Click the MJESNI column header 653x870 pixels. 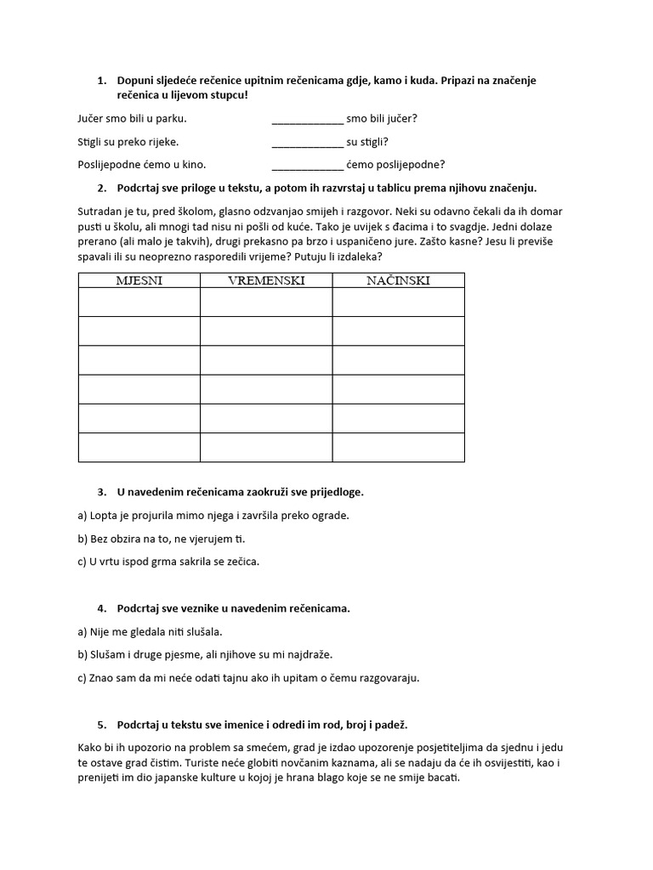point(139,280)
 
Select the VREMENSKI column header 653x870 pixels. point(266,280)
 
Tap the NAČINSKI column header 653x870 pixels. point(398,280)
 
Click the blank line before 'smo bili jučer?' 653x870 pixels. point(307,120)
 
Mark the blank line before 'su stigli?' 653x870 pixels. point(307,143)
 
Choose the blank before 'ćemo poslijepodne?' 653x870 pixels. point(307,166)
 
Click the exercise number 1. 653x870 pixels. point(101,81)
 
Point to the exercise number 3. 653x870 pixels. point(101,492)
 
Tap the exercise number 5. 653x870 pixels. point(101,725)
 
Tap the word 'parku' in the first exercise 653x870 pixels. point(170,119)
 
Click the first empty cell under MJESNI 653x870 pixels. point(139,302)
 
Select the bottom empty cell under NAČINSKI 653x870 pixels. point(398,448)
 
